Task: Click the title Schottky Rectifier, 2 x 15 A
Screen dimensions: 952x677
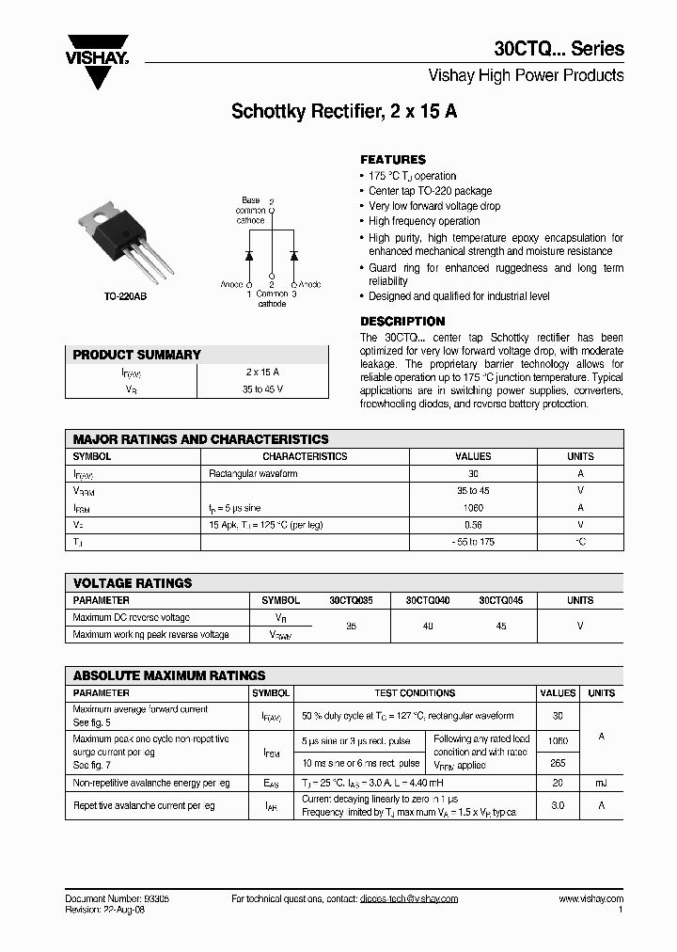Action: pos(344,111)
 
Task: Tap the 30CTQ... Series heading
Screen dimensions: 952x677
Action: pos(559,49)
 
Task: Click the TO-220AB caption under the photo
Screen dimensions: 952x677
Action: pos(125,296)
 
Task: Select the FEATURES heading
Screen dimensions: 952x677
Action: pos(393,160)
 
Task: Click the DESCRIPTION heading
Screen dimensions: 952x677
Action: pos(402,322)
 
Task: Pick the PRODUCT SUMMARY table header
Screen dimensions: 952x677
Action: pos(137,355)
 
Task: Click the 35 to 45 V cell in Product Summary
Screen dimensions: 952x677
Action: pos(262,388)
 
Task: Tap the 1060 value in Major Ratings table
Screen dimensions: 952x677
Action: pos(473,508)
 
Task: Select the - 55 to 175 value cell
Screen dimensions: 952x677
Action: pos(473,542)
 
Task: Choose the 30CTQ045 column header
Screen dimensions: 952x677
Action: pos(501,600)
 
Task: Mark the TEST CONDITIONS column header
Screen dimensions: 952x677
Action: pos(415,693)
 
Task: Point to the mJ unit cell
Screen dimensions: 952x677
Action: pos(601,783)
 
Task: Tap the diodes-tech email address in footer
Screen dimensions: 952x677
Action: pos(408,899)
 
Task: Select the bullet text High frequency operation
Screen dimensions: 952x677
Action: pos(424,221)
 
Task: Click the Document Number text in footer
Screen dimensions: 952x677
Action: pos(117,899)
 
